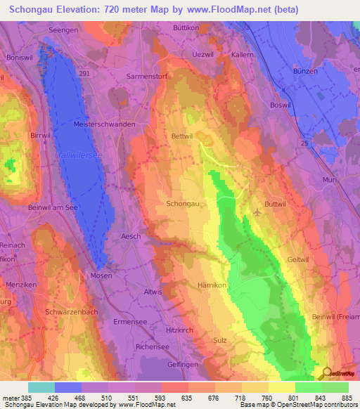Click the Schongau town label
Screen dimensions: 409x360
click(181, 203)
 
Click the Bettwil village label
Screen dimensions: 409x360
click(182, 137)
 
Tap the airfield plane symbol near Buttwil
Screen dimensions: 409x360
click(257, 212)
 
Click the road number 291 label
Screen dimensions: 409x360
click(84, 73)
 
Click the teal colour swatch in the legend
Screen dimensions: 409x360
click(41, 387)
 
